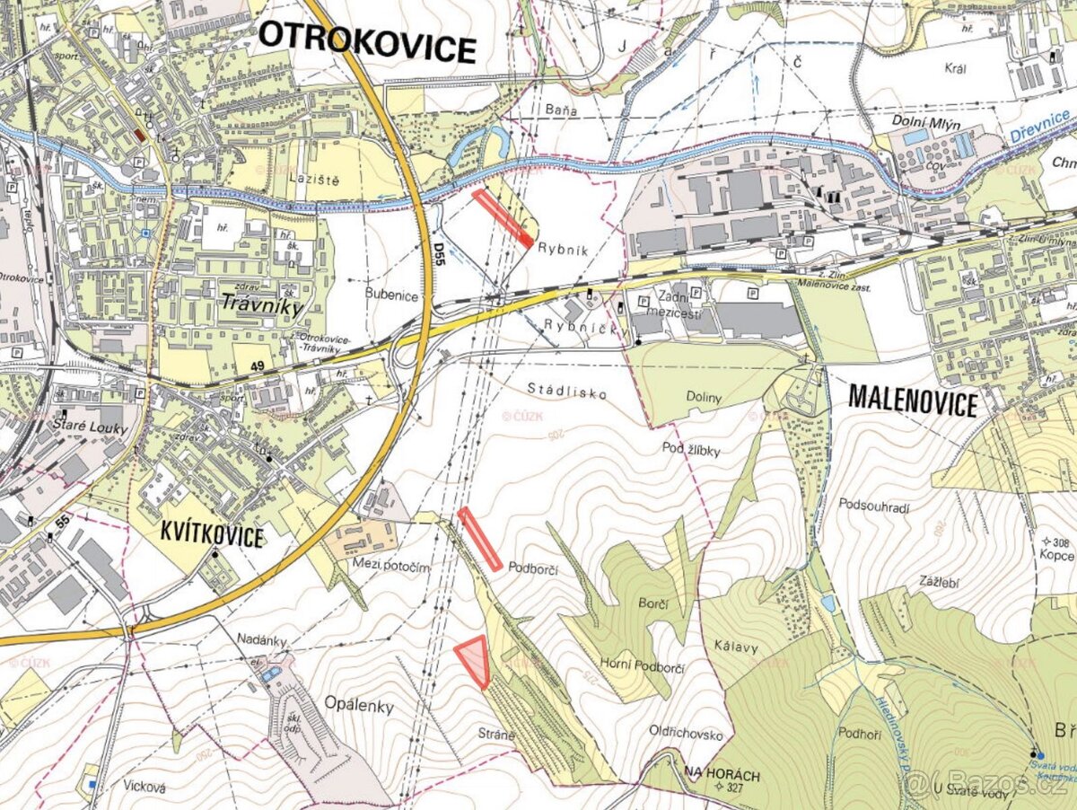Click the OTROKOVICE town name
pos(366,41)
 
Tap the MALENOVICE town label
pos(912,401)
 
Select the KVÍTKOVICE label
pos(212,536)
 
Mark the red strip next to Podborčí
pos(480,539)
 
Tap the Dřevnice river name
pos(1038,126)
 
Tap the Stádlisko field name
pos(567,392)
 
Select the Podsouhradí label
pos(875,507)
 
